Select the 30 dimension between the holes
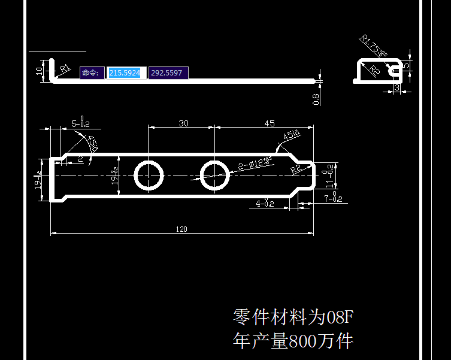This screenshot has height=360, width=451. [x=183, y=123]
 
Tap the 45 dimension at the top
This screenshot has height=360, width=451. [x=269, y=123]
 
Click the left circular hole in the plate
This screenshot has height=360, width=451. [x=149, y=175]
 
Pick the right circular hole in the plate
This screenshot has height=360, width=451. [x=214, y=175]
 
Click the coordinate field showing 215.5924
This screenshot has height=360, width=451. [x=125, y=73]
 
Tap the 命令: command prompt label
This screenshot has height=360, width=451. [x=92, y=73]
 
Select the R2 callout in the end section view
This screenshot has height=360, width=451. [x=374, y=72]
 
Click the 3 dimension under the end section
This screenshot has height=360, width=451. [x=398, y=88]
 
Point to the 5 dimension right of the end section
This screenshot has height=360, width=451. [x=407, y=65]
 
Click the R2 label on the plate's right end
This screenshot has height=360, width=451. [x=295, y=169]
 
